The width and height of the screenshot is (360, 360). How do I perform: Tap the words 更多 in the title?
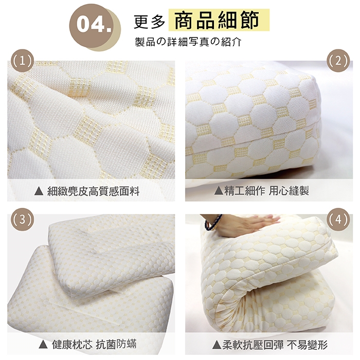coord(150,22)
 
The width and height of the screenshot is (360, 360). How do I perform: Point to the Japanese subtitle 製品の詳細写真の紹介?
coord(188,42)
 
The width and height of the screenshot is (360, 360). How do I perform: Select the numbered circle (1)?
coord(23,61)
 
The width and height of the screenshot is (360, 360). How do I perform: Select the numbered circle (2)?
coord(338,61)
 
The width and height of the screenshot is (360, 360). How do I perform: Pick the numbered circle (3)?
coord(23,220)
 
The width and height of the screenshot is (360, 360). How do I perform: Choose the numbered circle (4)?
coord(338,220)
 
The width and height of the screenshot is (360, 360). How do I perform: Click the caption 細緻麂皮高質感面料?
coord(93,191)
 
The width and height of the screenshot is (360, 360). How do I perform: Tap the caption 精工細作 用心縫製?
coord(266,191)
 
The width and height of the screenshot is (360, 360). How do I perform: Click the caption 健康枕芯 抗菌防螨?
coord(94,344)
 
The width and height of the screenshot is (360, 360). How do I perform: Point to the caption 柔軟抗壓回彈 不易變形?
coord(275,345)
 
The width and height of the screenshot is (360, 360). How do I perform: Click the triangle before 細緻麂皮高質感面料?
coord(39,191)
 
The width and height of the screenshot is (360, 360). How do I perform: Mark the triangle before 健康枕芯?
coord(43,345)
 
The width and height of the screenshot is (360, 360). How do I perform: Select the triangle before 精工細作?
coord(219,191)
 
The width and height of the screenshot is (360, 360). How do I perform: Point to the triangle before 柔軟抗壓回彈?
coord(217,345)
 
